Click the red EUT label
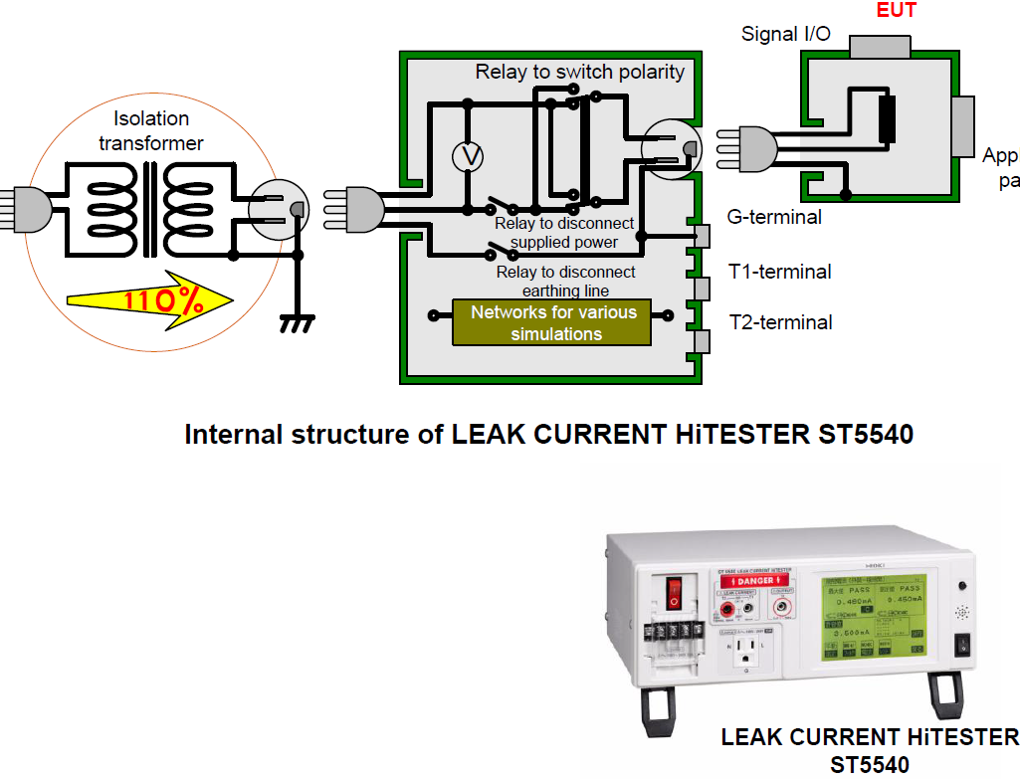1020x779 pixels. (x=896, y=11)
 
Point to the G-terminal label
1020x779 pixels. (x=774, y=217)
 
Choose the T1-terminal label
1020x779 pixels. (x=780, y=271)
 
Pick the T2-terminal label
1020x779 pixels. (x=780, y=321)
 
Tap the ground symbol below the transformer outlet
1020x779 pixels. (x=298, y=321)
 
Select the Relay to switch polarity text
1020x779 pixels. (x=579, y=72)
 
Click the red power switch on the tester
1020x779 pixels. (x=674, y=591)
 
